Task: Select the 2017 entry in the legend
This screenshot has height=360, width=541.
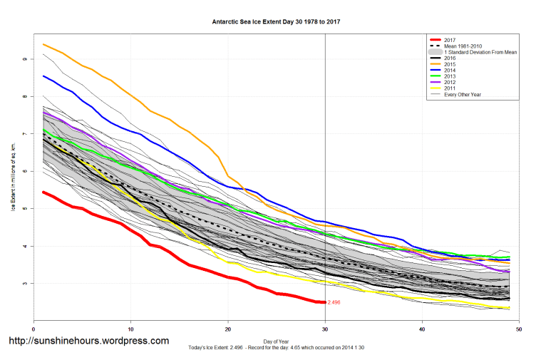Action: [x=450, y=40]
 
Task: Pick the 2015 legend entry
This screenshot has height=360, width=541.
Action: [x=450, y=64]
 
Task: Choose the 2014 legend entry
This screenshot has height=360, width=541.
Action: [x=450, y=70]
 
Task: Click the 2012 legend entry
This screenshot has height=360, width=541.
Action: [x=450, y=82]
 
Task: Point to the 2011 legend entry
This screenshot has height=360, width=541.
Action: [x=450, y=88]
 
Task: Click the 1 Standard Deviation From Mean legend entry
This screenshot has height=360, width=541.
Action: [x=478, y=52]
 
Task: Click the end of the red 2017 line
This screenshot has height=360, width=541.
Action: [x=324, y=302]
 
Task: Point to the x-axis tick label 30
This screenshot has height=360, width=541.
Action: [x=325, y=329]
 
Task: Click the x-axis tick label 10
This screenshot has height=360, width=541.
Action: [x=130, y=329]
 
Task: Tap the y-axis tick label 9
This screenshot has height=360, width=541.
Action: [x=24, y=59]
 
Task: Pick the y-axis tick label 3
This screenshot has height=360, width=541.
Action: [x=24, y=284]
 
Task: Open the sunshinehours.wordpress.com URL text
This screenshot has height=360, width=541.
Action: [x=89, y=341]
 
